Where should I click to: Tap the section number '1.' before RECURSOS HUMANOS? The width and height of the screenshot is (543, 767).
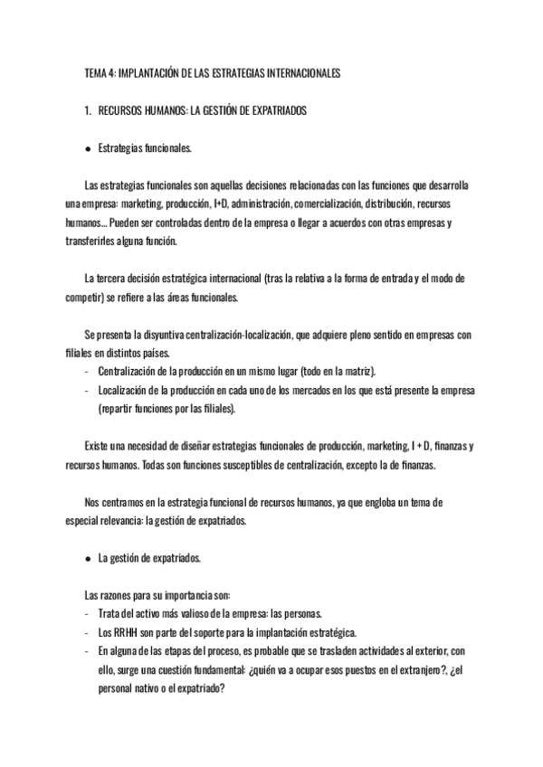(x=87, y=109)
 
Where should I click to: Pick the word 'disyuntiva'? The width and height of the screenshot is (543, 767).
(x=158, y=335)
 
